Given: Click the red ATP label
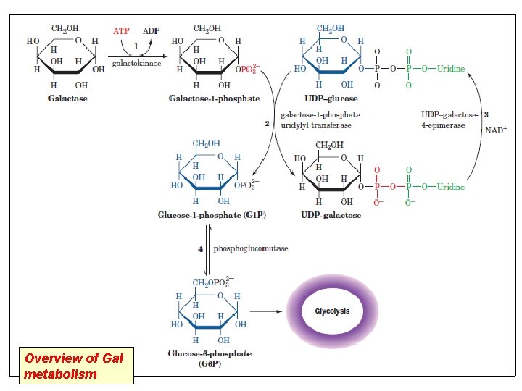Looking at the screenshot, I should coord(122,31).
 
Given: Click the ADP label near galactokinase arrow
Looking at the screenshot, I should coord(152,31).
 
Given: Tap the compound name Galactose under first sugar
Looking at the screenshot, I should coord(67,98).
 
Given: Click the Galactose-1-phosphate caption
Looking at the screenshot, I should coord(214,98).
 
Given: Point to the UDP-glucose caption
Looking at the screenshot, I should coord(331,98).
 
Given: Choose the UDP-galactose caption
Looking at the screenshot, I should coord(331,215).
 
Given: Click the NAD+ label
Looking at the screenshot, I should coord(495,130).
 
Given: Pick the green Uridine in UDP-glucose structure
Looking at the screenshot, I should coord(450,69).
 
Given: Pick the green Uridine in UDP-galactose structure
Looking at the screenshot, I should coord(450,186).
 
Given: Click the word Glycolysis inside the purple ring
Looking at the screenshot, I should coord(332,311).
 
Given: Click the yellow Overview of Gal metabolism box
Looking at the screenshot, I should coord(77,366).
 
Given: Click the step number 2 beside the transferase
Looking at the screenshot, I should coord(267,124).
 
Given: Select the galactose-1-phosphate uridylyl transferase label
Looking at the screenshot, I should coord(320,119).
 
